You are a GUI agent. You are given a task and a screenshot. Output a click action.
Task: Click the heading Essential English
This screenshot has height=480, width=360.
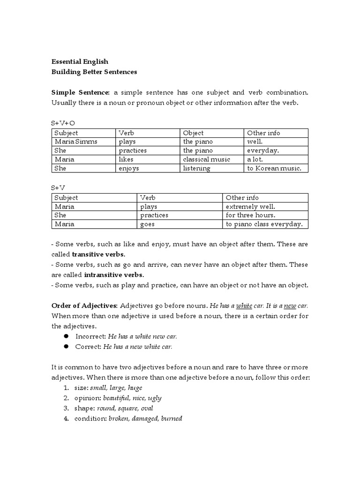[80, 61]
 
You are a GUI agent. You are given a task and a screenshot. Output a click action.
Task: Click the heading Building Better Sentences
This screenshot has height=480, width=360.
[94, 72]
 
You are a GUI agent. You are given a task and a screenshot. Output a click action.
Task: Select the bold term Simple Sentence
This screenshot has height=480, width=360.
[80, 92]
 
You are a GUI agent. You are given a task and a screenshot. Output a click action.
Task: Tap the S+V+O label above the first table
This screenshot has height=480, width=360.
[63, 123]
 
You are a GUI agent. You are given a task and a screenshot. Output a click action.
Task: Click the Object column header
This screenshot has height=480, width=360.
[194, 133]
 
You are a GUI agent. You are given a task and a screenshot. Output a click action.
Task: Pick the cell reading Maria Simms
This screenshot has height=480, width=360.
[76, 142]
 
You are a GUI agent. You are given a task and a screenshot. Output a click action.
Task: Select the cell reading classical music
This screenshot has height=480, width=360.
[207, 159]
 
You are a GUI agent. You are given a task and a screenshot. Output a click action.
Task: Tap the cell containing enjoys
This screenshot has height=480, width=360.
[129, 168]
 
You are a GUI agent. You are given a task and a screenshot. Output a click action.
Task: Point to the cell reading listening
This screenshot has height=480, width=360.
[197, 168]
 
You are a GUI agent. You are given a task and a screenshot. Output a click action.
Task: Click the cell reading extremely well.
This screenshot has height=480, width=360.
[250, 206]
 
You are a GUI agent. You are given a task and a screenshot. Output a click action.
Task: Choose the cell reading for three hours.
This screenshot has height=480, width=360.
[251, 215]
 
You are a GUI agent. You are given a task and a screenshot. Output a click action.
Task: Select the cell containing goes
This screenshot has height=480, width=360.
[148, 224]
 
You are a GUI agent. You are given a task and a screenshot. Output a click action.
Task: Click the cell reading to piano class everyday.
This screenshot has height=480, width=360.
[264, 224]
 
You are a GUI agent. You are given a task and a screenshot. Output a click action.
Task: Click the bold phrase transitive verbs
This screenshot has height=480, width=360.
[98, 255]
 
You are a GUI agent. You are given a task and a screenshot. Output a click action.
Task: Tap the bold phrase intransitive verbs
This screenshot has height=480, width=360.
[114, 275]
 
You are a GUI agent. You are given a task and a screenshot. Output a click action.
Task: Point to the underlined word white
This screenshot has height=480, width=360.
[244, 306]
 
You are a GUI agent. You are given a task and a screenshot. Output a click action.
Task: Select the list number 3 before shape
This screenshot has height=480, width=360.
[67, 408]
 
